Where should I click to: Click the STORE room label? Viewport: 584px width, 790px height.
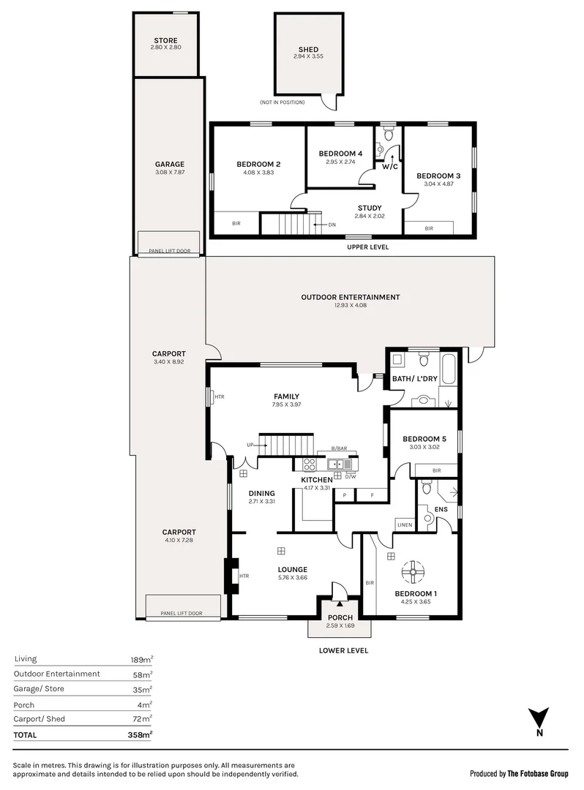pos(166,40)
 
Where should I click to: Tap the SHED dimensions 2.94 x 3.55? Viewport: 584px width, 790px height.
pos(308,56)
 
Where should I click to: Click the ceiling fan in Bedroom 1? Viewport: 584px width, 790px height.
pos(413,571)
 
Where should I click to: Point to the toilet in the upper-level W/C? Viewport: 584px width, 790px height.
pos(388,134)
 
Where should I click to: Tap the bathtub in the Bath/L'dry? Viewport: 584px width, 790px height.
pos(448,370)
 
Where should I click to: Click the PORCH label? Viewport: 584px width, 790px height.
pos(340,617)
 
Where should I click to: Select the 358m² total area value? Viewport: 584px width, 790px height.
pos(140,734)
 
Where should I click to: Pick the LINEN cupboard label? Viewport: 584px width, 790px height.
pos(405,524)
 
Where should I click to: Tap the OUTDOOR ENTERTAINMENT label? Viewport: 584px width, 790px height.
pos(351,297)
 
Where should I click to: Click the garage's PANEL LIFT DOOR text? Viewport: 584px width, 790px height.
pos(169,250)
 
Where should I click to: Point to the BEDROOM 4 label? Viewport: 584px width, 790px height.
pos(340,154)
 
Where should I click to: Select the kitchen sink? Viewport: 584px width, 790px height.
pos(339,464)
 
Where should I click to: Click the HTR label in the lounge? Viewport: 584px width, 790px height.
pos(244,576)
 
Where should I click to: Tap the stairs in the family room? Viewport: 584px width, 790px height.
pos(286,445)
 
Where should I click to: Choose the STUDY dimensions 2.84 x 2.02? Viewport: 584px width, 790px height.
pos(370,216)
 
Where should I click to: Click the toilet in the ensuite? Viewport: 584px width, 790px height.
pos(426,486)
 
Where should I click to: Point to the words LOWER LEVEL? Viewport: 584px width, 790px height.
pos(343,650)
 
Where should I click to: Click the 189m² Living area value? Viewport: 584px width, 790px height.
pos(141,659)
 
